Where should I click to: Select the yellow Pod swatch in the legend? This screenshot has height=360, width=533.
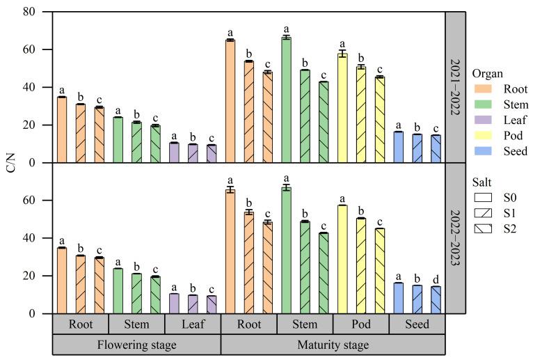tap(479, 136)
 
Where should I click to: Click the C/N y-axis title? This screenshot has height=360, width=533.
tap(10, 163)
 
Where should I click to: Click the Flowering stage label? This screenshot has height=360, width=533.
tap(136, 345)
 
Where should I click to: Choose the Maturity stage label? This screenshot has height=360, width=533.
tap(333, 345)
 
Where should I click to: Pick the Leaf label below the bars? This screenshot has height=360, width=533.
tap(192, 324)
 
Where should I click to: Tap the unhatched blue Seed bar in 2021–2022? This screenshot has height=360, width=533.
tap(398, 147)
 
